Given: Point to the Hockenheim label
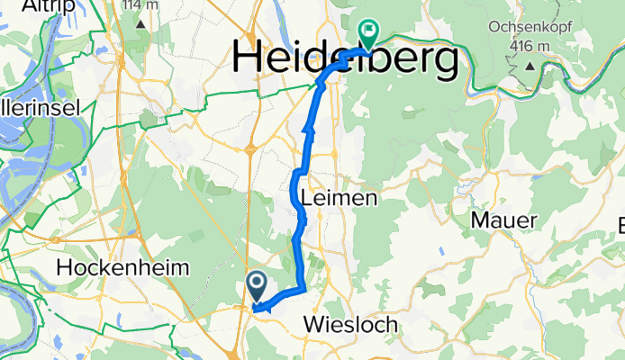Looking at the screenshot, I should (122, 267).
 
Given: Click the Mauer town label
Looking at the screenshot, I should (507, 220).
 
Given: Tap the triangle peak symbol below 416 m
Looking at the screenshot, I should (530, 65).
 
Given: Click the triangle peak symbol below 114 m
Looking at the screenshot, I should (142, 23).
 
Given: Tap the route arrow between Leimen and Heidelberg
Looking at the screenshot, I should (309, 132).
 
